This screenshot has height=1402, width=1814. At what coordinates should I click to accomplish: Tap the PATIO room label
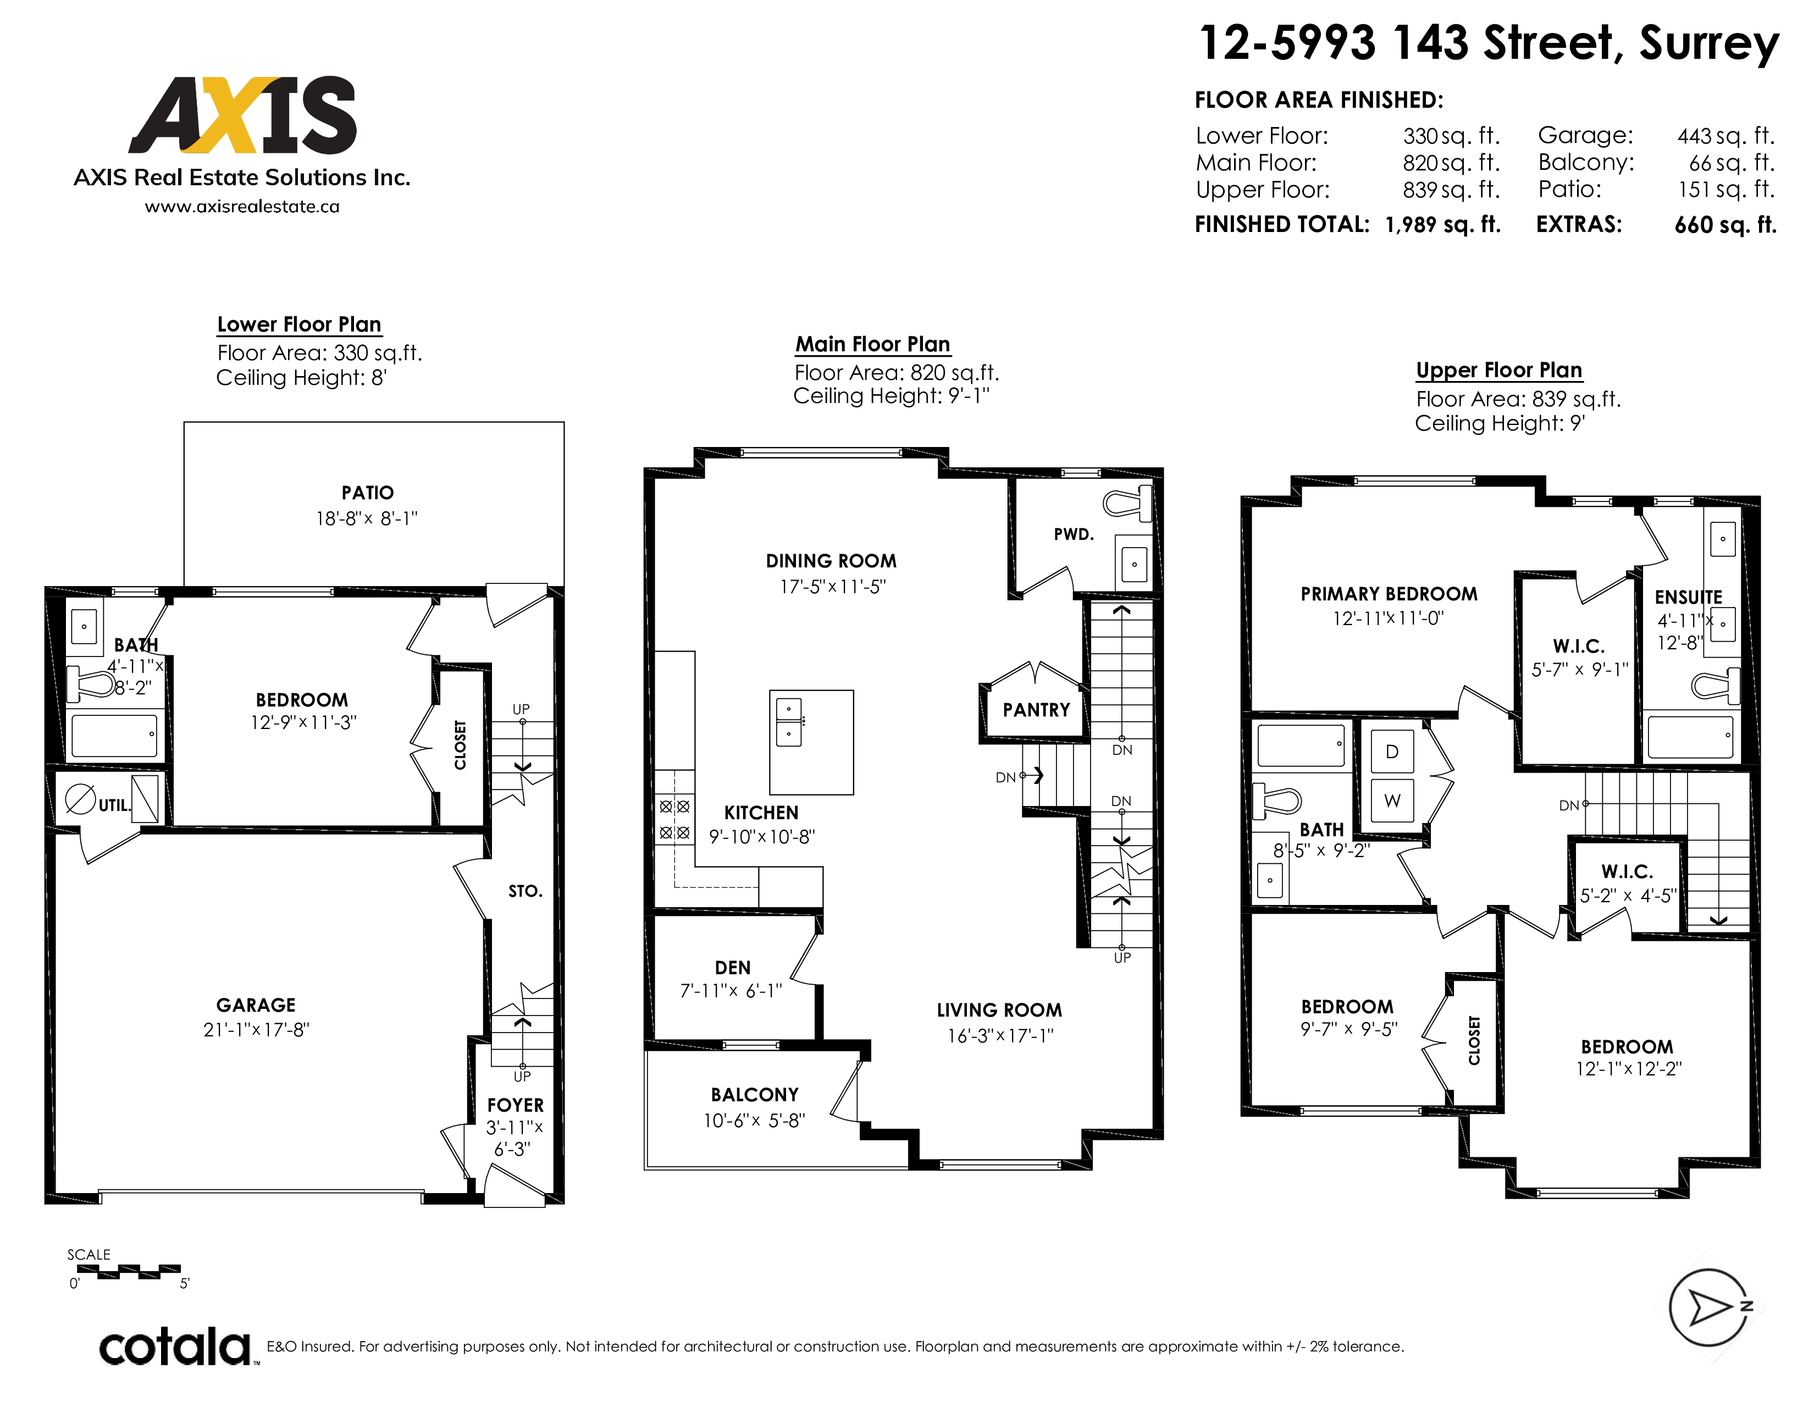(367, 493)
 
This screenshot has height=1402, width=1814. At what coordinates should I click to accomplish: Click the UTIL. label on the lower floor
(115, 805)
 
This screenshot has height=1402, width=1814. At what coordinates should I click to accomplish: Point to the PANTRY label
(1036, 710)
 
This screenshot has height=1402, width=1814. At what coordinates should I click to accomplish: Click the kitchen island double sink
(788, 722)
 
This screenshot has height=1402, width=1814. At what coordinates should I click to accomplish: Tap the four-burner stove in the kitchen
(674, 819)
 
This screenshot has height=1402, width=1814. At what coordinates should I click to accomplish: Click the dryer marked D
(1392, 752)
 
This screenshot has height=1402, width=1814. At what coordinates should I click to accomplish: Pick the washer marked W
(1392, 801)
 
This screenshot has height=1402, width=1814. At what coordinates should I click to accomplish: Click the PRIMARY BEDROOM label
(1389, 594)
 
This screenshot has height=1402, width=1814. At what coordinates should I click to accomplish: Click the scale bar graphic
(129, 1272)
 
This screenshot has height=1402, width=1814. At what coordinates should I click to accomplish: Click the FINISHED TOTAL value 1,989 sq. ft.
(1443, 225)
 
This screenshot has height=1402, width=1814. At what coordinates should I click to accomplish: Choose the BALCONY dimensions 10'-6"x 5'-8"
(754, 1121)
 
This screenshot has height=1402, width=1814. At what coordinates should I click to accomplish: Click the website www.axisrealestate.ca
(242, 207)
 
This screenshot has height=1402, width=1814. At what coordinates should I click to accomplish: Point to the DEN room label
(733, 968)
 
